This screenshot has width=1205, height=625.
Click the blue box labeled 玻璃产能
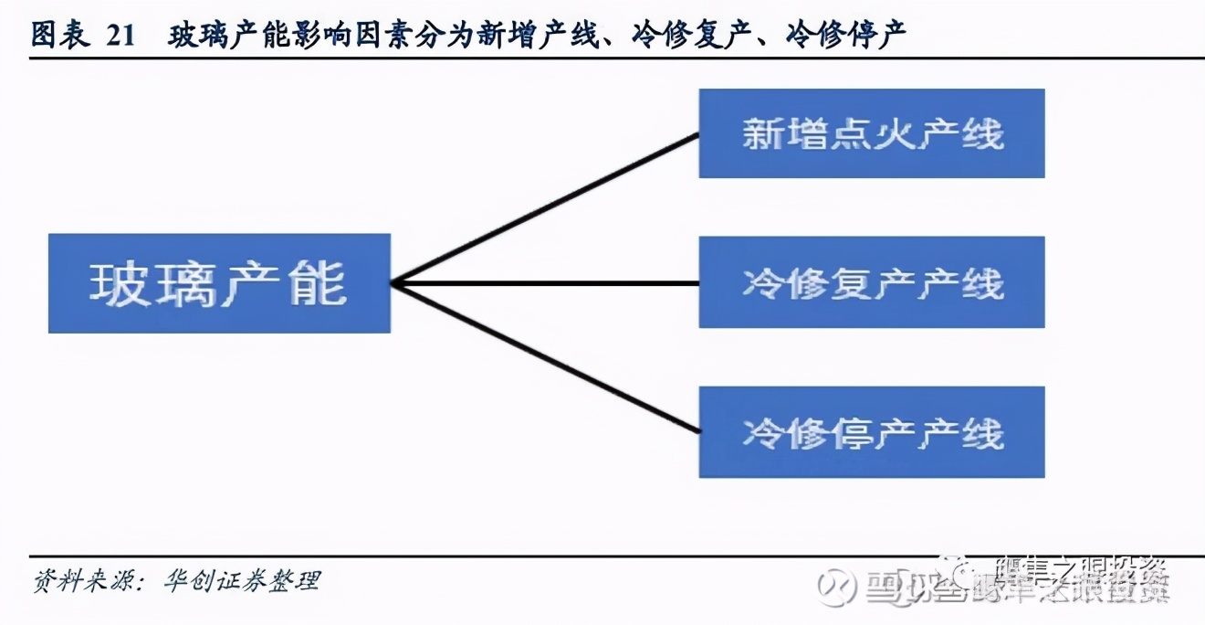(x=219, y=283)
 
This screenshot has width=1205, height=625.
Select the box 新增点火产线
(x=871, y=133)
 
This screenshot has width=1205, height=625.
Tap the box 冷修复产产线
(x=871, y=282)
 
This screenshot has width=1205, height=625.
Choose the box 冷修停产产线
(x=871, y=431)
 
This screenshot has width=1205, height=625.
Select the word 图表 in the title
(x=60, y=36)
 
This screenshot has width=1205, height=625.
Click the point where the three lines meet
(x=393, y=283)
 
